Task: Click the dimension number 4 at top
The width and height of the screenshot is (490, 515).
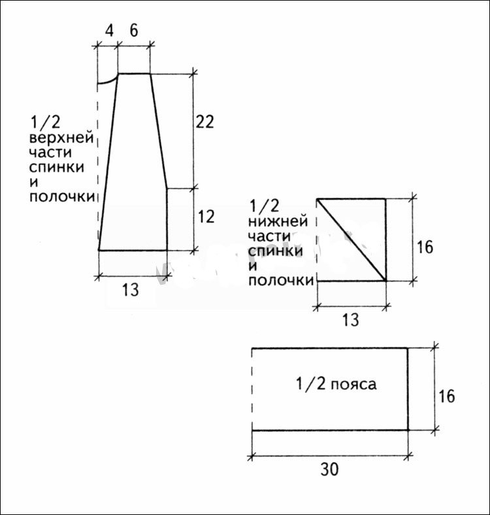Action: click(x=109, y=31)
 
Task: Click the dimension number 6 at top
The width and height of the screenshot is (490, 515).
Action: click(x=134, y=31)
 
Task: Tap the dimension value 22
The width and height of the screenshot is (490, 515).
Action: click(x=204, y=122)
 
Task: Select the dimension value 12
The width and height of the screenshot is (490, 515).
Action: click(x=206, y=217)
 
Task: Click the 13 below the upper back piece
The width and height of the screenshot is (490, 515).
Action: click(x=131, y=290)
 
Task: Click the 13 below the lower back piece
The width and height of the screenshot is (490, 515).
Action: click(x=351, y=320)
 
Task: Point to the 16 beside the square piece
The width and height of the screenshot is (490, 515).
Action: click(x=425, y=247)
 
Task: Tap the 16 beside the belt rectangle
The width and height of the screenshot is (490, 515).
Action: click(x=447, y=397)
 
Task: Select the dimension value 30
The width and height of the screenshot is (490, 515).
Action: click(x=329, y=470)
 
